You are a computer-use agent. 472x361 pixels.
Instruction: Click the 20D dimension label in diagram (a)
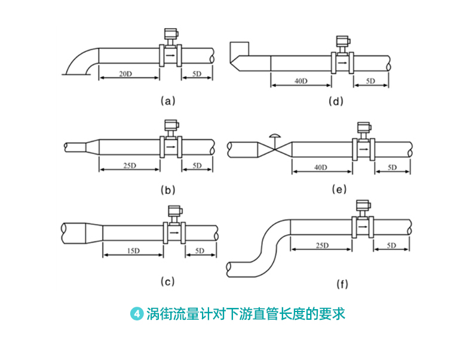pyautogui.click(x=125, y=74)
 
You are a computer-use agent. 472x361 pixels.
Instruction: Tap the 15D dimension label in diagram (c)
pyautogui.click(x=133, y=250)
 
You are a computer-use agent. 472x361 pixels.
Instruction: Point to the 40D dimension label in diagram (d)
pyautogui.click(x=300, y=81)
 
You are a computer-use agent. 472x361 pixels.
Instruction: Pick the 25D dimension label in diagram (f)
pyautogui.click(x=322, y=245)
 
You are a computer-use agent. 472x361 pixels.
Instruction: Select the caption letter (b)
pyautogui.click(x=168, y=191)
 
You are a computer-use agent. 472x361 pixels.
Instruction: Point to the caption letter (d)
pyautogui.click(x=337, y=101)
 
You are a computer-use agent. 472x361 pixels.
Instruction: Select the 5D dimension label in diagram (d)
pyautogui.click(x=370, y=81)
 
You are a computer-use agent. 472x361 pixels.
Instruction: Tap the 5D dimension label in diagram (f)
pyautogui.click(x=392, y=245)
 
